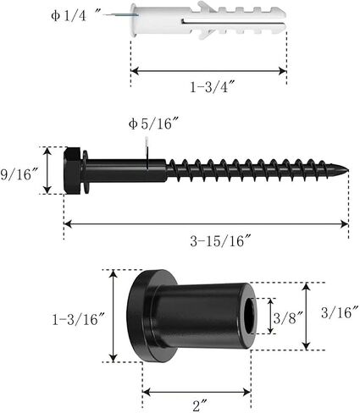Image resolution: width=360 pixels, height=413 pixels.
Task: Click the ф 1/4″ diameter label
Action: (75, 16)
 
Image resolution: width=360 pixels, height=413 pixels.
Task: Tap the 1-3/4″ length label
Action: (213, 86)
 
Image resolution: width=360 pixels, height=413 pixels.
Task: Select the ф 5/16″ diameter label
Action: (154, 124)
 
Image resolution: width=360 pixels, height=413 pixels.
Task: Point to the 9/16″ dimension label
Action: (19, 174)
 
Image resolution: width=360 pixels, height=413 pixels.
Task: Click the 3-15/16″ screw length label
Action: (220, 241)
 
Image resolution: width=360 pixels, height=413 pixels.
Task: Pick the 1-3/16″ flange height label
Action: (79, 320)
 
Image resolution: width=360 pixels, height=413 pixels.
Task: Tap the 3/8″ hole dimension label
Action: (288, 318)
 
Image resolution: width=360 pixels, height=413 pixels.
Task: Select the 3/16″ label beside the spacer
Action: (340, 312)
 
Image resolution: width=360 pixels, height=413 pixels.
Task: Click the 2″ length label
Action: (200, 406)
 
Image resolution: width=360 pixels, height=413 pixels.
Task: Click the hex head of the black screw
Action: (73, 170)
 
